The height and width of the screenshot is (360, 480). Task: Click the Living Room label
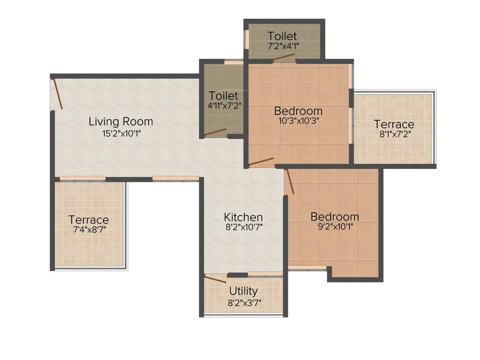121,122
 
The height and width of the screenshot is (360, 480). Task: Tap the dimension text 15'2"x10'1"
121,133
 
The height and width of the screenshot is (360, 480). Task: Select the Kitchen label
243,217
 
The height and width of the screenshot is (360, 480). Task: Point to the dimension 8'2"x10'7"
243,228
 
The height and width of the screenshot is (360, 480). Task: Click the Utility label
243,291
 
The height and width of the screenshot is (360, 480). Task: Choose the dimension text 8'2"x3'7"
244,302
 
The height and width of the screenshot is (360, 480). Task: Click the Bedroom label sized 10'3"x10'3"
298,111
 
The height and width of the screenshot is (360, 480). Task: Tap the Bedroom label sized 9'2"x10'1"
335,217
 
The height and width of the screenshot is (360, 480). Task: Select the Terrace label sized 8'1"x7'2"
394,124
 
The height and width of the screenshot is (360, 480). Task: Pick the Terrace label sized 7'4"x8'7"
89,220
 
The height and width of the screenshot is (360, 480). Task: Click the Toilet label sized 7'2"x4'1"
282,36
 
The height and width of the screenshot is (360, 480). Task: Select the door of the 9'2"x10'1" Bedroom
290,181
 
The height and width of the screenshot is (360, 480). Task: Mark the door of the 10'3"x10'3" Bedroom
261,162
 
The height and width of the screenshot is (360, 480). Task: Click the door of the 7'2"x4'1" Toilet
284,58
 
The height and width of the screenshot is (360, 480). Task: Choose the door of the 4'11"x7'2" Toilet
215,133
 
